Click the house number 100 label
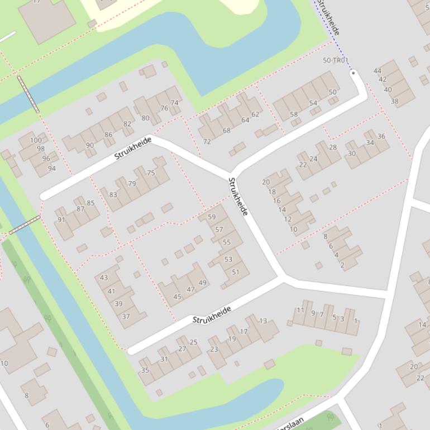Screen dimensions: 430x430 tap(36, 140)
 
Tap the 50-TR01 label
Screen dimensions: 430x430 tap(336, 60)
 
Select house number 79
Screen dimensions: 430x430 tap(132, 184)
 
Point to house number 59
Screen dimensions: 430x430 tap(211, 217)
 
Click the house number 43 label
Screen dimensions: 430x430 tap(104, 278)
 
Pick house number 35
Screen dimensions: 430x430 tap(145, 370)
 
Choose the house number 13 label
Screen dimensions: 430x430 tap(263, 321)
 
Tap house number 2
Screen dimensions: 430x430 tap(342, 265)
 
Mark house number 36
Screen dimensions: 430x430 tap(381, 136)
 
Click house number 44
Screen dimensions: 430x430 tap(378, 71)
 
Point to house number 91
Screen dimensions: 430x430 tap(61, 219)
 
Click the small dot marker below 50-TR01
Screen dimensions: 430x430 tap(353, 73)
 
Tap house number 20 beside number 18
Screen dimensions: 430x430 tap(266, 182)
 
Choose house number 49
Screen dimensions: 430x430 tap(202, 283)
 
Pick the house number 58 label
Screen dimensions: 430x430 tap(294, 114)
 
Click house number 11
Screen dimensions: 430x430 tap(300, 310)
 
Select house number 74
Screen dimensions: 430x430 tap(174, 103)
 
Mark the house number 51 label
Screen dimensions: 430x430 tap(235, 273)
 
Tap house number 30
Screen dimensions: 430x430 tap(351, 154)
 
